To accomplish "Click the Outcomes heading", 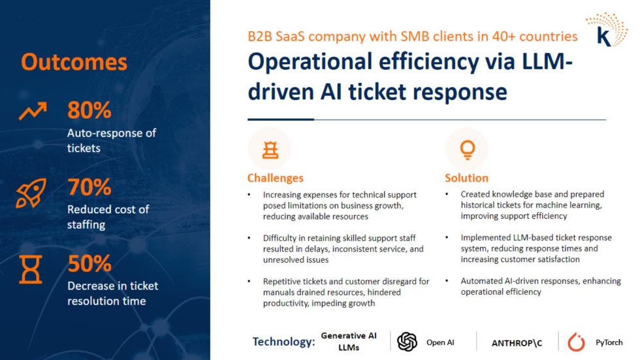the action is pos(74,62).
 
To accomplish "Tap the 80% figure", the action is pos(89,110).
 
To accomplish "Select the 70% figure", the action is pos(89,187).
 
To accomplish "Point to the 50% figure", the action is pos(89,264).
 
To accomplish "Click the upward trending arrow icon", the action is pos(33,111).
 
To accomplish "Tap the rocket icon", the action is pos(31,193).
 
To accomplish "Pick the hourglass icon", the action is pos(31,269).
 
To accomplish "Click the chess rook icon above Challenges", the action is pos(270,150).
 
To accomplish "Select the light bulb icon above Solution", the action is pos(468,150).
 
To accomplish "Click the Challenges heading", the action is pos(276,178).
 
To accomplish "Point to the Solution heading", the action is pos(466,178).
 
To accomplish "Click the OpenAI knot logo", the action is pos(407,342).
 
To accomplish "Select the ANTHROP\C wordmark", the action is pos(517,343).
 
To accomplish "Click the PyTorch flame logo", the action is pos(576,342).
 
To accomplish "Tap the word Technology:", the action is pos(283,342).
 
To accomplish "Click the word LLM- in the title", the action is pos(547,61).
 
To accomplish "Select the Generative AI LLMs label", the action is pos(349,342).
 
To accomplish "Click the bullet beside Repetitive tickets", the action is pos(249,281).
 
